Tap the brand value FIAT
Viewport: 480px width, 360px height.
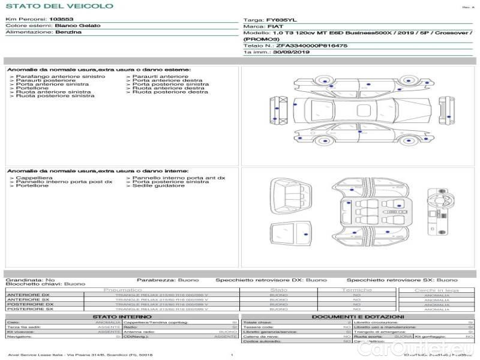275,27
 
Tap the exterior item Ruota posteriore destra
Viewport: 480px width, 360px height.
170,92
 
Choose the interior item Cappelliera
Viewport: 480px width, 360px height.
34,178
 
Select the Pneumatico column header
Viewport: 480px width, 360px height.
123,290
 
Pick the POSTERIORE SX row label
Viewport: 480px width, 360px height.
29,309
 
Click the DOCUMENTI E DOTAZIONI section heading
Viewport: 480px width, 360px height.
358,316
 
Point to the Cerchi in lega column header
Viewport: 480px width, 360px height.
436,290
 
